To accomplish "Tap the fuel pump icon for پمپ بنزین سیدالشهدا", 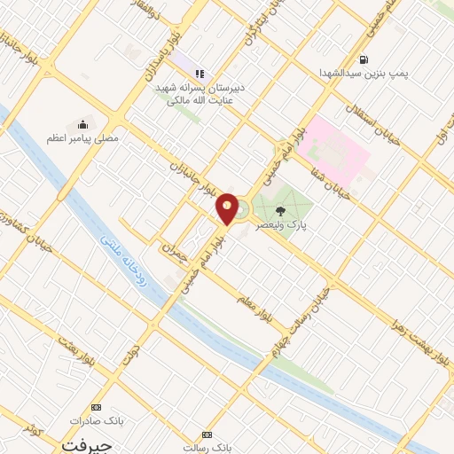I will (364, 59).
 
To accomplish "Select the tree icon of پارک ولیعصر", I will (280, 211).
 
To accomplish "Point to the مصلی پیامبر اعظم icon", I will (83, 123).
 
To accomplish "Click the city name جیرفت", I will (86, 443).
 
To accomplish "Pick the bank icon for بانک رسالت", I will (208, 434).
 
